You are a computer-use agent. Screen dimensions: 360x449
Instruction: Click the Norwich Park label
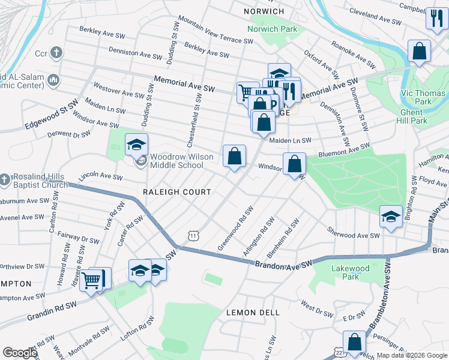(x=272, y=28)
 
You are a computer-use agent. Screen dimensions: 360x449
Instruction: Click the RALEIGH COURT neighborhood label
(x=177, y=192)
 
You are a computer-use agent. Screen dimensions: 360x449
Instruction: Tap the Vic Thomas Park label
(x=423, y=97)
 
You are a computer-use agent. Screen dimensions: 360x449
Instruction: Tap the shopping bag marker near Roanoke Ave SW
(x=419, y=51)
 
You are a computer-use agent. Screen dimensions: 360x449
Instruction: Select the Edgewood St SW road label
(x=52, y=115)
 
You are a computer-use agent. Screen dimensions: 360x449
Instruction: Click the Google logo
(x=20, y=353)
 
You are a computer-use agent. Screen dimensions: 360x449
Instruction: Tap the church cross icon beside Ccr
(x=57, y=53)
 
